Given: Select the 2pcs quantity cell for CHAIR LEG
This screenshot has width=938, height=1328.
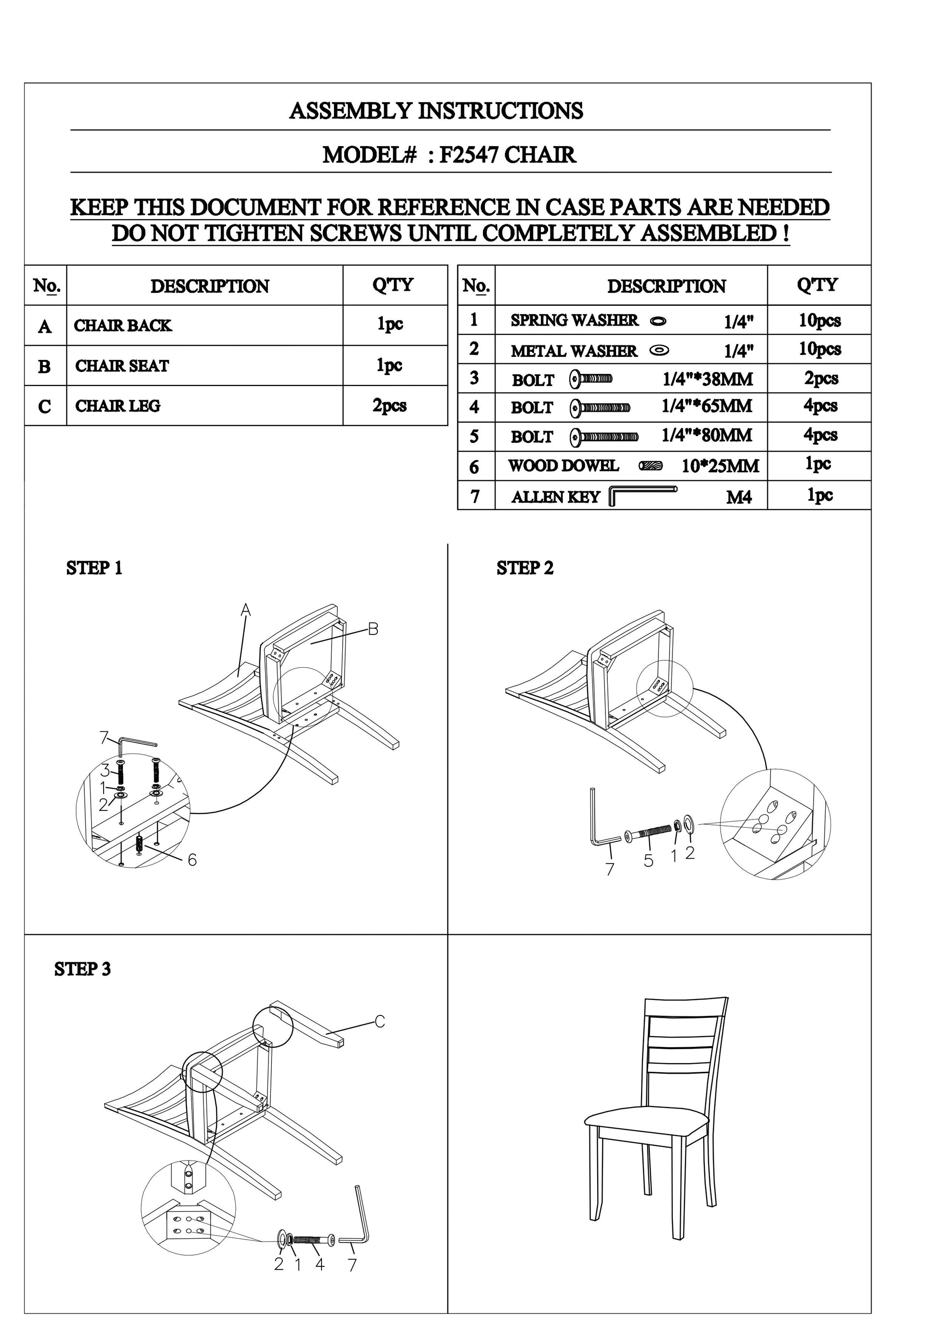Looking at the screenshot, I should [389, 406].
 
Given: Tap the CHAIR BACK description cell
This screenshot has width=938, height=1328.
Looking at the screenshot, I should [122, 326].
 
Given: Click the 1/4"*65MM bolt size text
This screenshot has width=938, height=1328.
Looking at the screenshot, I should [706, 406].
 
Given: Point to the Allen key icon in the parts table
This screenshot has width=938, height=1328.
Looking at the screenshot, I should [642, 494].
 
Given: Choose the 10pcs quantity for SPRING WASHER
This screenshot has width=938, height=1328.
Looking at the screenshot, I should [819, 320].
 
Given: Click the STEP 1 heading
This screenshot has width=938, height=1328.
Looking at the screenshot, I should [94, 568].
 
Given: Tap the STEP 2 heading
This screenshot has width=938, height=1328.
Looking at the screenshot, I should [525, 568].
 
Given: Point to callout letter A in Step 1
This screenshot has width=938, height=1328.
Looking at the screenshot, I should [246, 610].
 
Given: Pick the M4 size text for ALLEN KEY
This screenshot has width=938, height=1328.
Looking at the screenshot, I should [738, 497].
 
